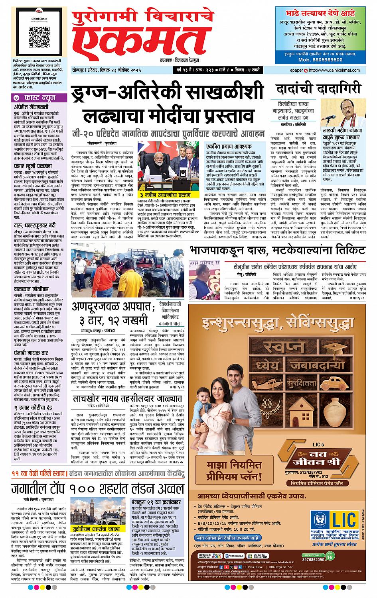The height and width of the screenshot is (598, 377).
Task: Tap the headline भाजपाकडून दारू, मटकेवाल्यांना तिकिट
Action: pos(278,250)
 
